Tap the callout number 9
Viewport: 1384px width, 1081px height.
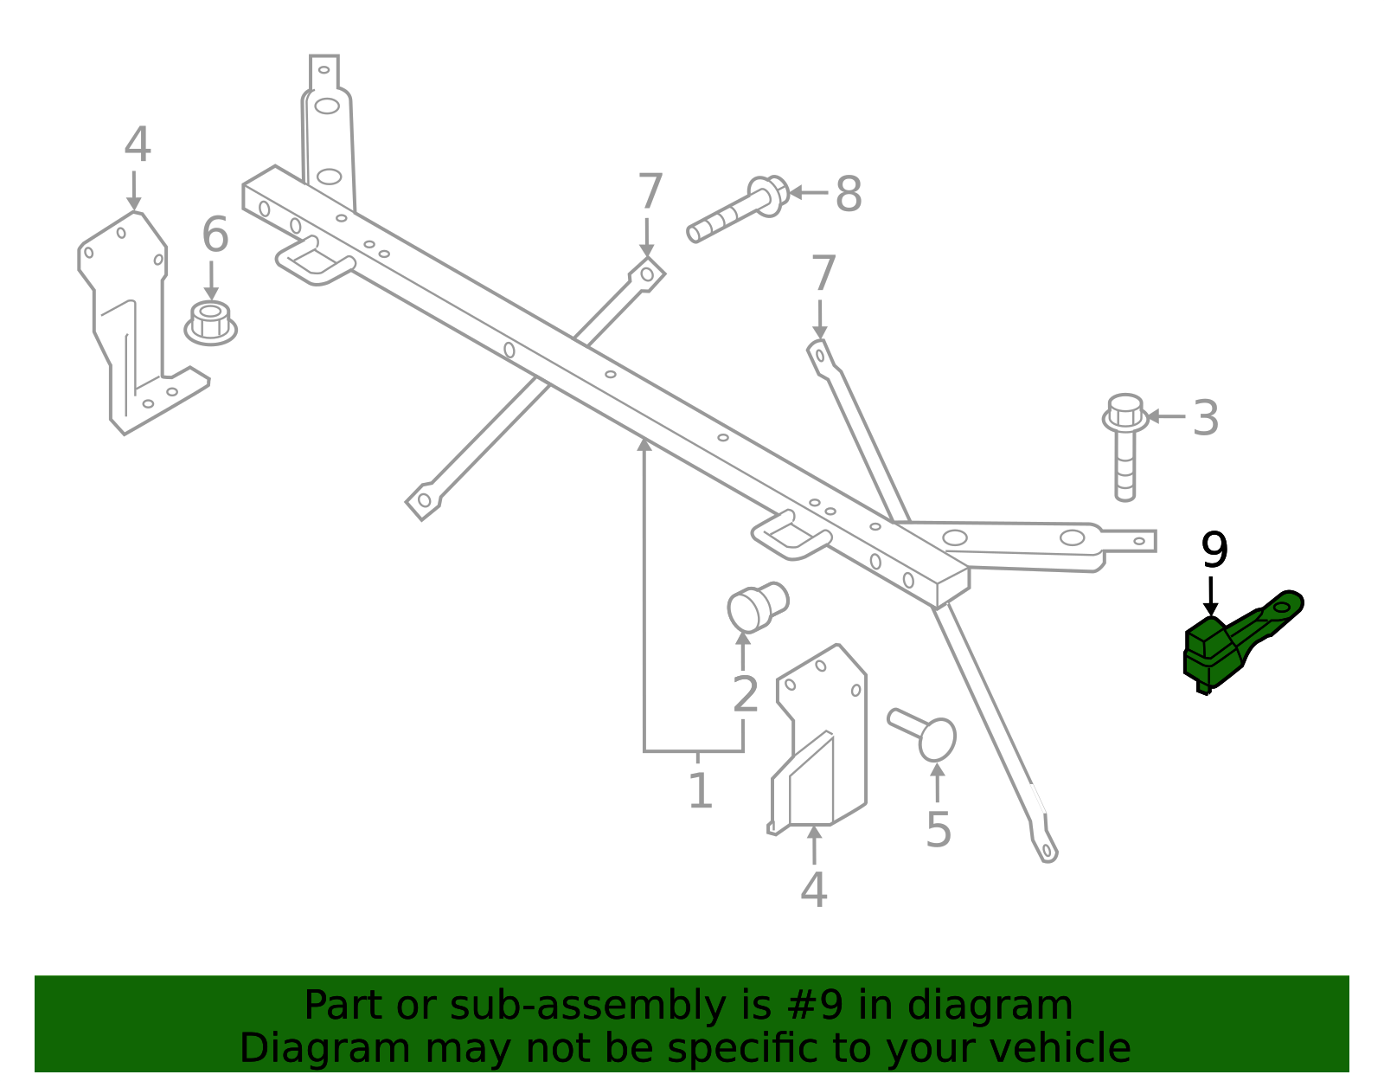point(1214,550)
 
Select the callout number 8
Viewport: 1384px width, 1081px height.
point(849,194)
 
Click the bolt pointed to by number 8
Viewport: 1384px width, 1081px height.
point(739,209)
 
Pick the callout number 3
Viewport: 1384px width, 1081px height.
point(1206,419)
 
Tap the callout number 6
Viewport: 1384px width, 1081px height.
point(215,235)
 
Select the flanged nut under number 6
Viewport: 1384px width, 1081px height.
point(211,324)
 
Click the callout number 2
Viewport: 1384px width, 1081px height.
point(745,694)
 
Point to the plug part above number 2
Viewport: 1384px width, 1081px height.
point(758,607)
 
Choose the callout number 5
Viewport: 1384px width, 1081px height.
point(939,829)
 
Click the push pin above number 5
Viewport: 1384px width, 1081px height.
point(922,735)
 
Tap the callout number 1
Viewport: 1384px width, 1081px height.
point(701,790)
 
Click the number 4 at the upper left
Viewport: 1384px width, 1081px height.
point(138,145)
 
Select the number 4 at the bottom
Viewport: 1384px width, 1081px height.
point(814,890)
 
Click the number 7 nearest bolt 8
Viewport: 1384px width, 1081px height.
point(650,191)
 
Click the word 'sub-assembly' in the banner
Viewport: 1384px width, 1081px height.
point(587,1006)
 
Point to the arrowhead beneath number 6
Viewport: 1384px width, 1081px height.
point(211,294)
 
